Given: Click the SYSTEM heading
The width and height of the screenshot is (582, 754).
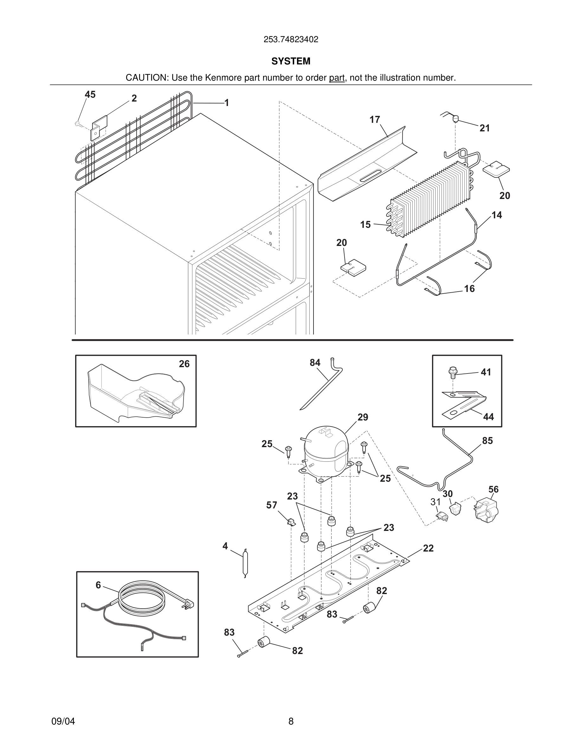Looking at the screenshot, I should tap(291, 61).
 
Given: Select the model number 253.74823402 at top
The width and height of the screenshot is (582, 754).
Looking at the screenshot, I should tap(291, 40).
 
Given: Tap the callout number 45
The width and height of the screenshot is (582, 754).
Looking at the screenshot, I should tap(90, 95).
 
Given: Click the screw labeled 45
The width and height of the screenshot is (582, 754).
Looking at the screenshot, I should tap(78, 123).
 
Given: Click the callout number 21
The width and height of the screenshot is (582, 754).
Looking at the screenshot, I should tap(484, 128).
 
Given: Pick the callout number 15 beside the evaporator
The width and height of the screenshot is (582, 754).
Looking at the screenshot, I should tap(365, 225).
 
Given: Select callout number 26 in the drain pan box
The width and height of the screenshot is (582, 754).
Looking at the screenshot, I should tap(184, 364).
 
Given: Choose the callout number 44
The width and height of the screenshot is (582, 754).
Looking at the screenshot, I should tap(488, 417).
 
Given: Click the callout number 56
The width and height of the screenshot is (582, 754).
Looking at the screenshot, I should tap(493, 489).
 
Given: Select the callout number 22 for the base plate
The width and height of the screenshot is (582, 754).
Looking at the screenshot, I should tap(428, 548).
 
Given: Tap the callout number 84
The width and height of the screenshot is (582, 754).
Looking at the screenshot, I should tap(315, 362).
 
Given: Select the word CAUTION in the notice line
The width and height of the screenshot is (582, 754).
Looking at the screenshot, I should tap(146, 78).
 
